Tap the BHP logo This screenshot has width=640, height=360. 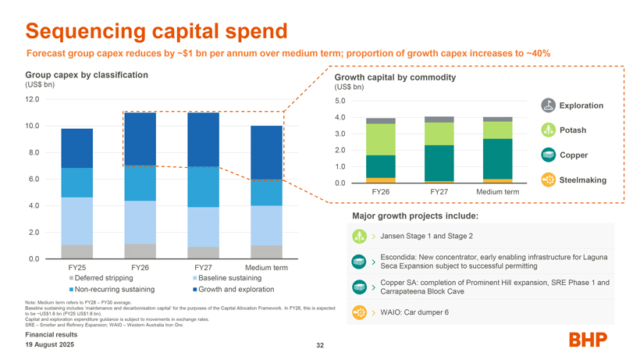pyautogui.click(x=588, y=340)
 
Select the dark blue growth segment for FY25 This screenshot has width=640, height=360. pyautogui.click(x=77, y=148)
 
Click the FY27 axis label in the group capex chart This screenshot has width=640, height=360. pyautogui.click(x=202, y=269)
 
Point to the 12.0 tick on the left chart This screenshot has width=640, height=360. pyautogui.click(x=32, y=99)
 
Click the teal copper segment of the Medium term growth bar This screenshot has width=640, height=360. pyautogui.click(x=497, y=159)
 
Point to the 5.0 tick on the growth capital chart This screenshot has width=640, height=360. pyautogui.click(x=339, y=101)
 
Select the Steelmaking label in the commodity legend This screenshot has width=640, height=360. pyautogui.click(x=582, y=180)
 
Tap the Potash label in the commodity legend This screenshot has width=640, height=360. pyautogui.click(x=573, y=130)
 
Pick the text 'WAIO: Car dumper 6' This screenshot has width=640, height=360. pyautogui.click(x=414, y=312)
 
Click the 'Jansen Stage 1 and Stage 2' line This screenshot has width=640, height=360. pyautogui.click(x=427, y=237)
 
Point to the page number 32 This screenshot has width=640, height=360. pyautogui.click(x=319, y=345)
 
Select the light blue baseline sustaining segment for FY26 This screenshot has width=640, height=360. pyautogui.click(x=140, y=223)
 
